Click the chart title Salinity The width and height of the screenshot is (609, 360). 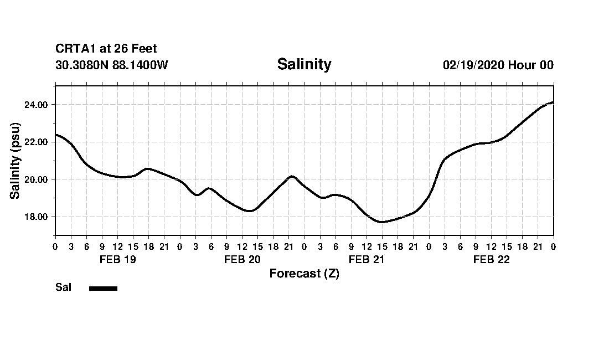(304, 64)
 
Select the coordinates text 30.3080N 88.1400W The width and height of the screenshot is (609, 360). (112, 65)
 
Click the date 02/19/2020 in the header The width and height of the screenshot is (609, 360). (473, 65)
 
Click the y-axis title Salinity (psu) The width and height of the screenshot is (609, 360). (15, 161)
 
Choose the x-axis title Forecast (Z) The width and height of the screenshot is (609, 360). (304, 274)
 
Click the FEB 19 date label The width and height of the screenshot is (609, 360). (117, 259)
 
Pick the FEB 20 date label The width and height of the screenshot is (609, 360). (242, 259)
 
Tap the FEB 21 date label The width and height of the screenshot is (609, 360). (367, 259)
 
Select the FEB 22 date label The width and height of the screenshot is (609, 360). (491, 259)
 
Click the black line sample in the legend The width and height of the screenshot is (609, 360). (103, 288)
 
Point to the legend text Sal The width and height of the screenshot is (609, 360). (63, 287)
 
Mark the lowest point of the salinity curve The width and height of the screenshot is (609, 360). (381, 222)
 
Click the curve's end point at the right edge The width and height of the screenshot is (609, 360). (553, 102)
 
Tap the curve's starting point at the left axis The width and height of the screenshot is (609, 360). (56, 135)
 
